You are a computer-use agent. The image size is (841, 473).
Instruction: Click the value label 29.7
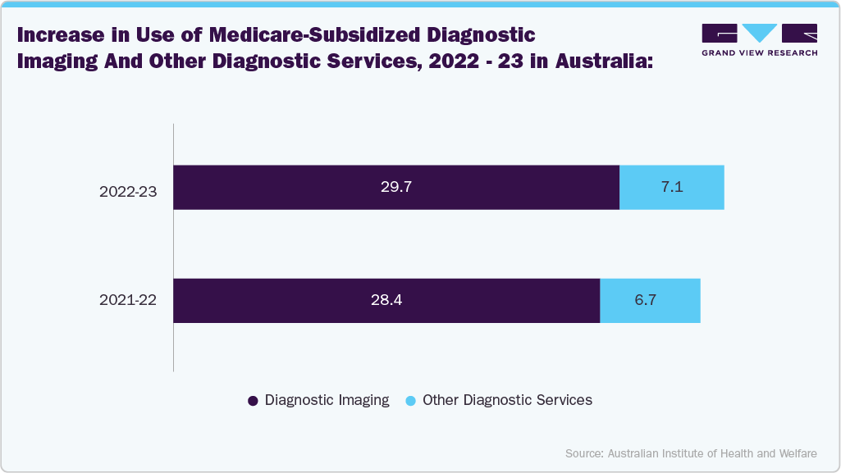[x=395, y=187]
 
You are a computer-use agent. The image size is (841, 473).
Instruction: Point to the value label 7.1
[x=671, y=187]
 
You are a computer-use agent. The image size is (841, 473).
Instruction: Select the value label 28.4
[x=386, y=300]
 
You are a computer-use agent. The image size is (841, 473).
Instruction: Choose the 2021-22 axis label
[x=128, y=300]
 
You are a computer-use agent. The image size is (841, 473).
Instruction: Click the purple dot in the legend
[x=253, y=401]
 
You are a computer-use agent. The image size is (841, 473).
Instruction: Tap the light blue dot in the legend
[x=411, y=401]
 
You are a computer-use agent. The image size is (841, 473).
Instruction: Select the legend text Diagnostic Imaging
[x=327, y=400]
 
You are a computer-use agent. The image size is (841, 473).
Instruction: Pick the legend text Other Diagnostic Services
[x=507, y=400]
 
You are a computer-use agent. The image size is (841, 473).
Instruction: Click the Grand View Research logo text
[x=759, y=52]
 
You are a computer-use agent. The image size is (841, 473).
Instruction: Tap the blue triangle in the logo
[x=759, y=33]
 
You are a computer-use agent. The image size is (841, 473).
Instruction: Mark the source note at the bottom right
[x=691, y=453]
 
